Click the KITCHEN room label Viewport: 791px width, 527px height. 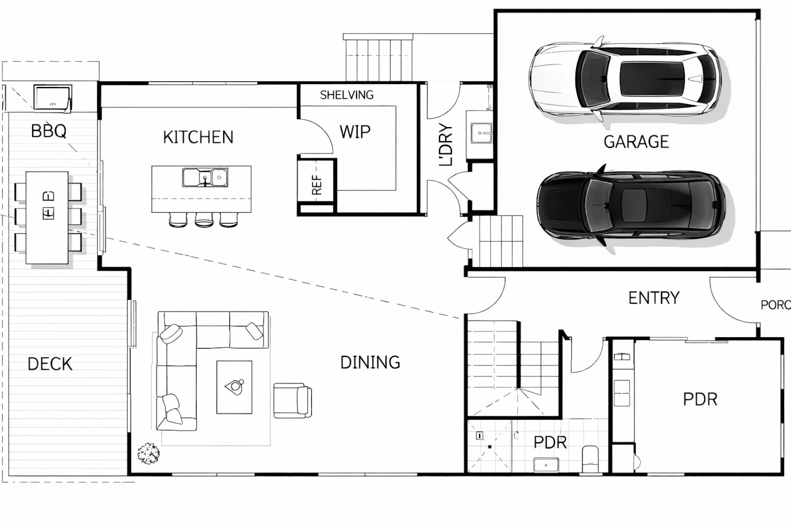pos(198,137)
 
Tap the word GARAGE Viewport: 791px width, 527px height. pos(636,142)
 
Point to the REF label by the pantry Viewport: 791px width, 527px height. pos(317,185)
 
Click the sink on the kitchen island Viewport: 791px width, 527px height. pos(205,177)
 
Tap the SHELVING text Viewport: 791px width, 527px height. pos(347,95)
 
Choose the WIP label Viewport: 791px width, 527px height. pos(355,132)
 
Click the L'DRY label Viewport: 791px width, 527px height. pos(446,145)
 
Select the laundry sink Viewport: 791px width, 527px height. pos(481,133)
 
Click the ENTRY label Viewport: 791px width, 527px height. pos(654,298)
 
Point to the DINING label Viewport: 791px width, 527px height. pos(370,363)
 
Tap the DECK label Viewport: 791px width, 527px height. pos(50,364)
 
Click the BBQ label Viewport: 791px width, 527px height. pos(49,131)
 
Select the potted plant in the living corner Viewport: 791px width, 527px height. pos(149,453)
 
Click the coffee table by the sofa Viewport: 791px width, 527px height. pos(234,387)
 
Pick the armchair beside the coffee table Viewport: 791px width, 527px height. pos(293,400)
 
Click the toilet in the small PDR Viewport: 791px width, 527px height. pos(590,459)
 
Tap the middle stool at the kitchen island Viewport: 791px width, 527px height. pos(204,220)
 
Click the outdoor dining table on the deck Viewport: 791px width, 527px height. pos(47,217)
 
